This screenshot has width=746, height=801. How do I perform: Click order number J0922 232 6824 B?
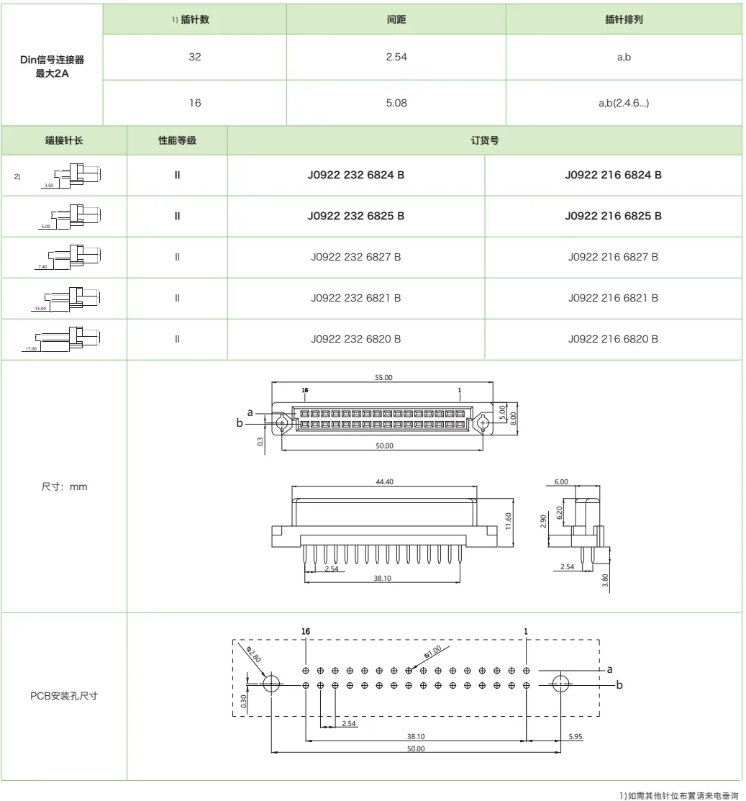tap(355, 175)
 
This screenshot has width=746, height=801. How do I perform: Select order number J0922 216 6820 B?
tap(613, 338)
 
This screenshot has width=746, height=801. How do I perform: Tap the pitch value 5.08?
tap(397, 103)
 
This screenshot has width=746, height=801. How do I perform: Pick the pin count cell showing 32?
tap(195, 57)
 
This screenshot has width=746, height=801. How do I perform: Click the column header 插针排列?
tap(624, 19)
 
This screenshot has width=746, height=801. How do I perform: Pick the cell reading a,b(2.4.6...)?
tap(624, 103)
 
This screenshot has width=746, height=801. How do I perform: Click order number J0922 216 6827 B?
tap(613, 257)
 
